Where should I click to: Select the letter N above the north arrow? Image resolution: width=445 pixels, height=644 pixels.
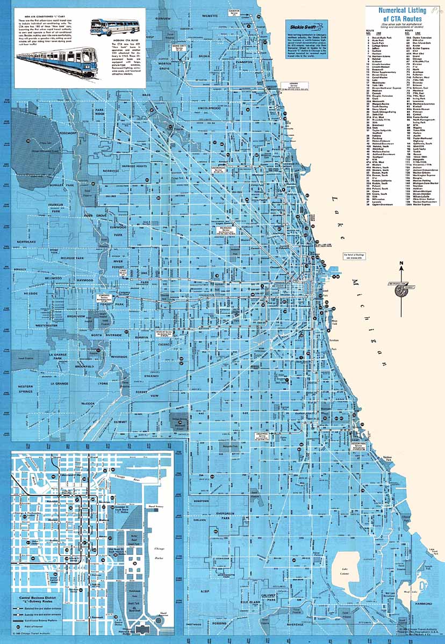[x=400, y=263]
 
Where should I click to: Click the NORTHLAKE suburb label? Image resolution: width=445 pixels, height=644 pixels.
[x=25, y=242]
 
